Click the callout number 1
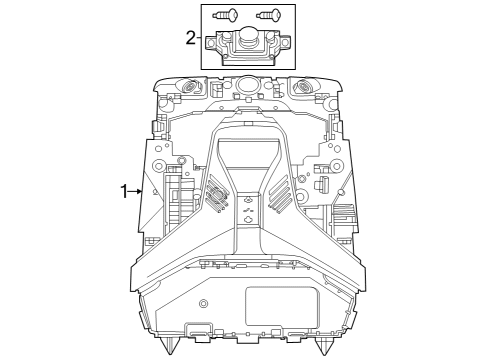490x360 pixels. click(124, 190)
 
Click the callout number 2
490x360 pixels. click(190, 38)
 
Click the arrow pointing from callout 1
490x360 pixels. click(140, 190)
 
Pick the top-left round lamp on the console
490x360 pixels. click(187, 87)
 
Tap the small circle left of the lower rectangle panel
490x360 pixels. click(203, 303)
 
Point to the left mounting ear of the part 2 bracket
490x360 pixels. click(212, 43)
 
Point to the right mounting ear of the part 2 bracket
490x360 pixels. click(282, 43)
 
